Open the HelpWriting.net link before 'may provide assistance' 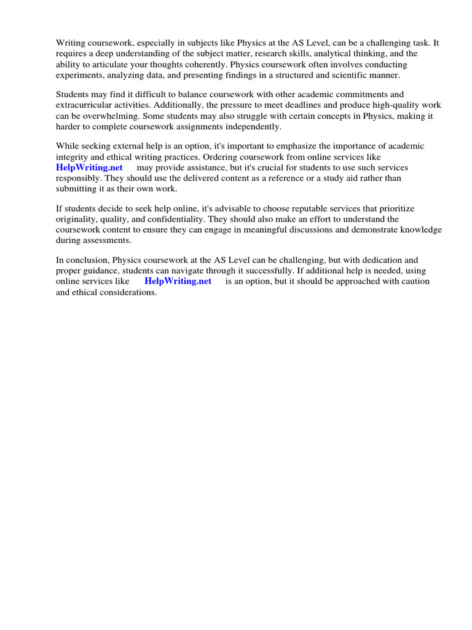(x=89, y=167)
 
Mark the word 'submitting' (x=76, y=188)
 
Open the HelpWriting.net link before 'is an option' (x=178, y=281)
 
